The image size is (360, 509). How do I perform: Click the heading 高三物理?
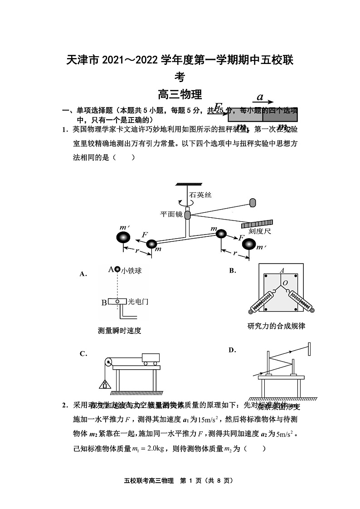point(180,95)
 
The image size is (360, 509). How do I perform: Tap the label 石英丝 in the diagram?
point(201,195)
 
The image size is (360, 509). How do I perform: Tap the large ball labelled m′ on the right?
point(249,244)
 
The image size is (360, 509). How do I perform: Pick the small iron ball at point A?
point(117,269)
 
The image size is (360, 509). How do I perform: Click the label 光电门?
point(138,301)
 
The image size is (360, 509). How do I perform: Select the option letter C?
point(83,354)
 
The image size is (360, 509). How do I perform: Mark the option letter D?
point(233,350)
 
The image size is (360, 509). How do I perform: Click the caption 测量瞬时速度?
point(120,331)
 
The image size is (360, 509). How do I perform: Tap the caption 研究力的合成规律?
point(276,326)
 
